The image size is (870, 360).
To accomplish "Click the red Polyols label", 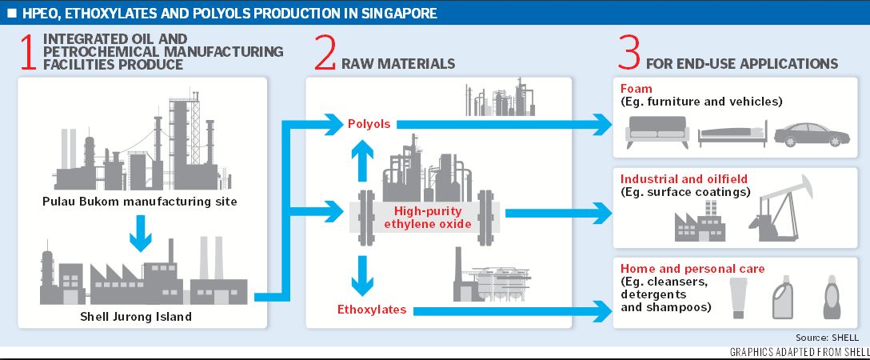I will click(369, 124).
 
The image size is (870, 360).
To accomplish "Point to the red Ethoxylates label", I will click(371, 310).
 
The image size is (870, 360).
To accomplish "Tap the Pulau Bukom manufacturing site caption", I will click(139, 201).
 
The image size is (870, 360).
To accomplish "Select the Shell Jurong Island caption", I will click(139, 316).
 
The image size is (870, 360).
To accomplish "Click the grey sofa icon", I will click(656, 130).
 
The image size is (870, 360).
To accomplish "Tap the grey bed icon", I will click(732, 134).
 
